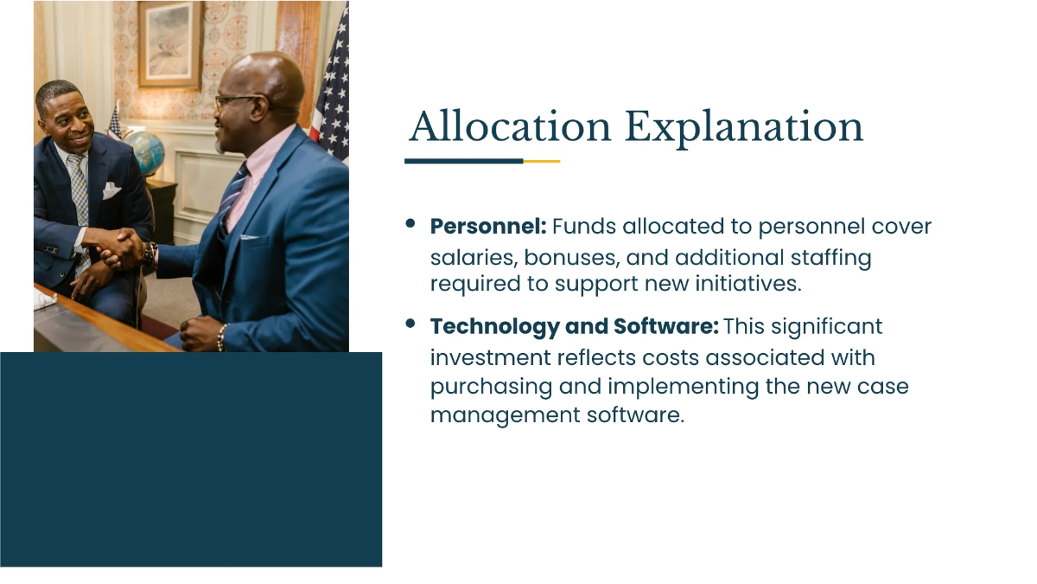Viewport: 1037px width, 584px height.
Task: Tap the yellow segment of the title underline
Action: [x=542, y=161]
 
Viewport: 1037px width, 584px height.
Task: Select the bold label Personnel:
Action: [x=488, y=227]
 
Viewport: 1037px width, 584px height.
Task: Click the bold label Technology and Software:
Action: [x=574, y=327]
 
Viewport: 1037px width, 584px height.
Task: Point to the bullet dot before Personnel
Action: [x=410, y=224]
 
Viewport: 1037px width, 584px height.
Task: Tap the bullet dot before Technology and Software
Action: [x=410, y=324]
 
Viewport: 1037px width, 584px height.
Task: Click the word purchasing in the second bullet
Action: [x=491, y=386]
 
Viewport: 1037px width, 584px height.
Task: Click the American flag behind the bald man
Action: [x=333, y=87]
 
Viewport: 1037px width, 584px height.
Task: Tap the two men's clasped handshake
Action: [x=121, y=248]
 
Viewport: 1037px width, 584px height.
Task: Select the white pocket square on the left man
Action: [x=111, y=190]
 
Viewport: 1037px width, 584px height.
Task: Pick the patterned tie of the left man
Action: [x=80, y=195]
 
